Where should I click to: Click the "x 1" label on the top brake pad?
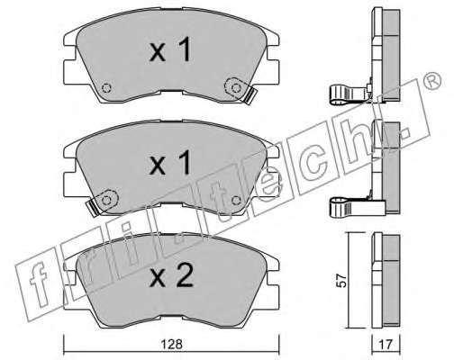170,49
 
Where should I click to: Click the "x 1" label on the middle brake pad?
170,162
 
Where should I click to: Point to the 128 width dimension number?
172,344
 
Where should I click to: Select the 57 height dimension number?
341,281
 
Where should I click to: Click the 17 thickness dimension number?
386,345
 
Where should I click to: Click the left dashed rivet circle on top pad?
106,88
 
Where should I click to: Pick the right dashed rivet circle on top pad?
237,88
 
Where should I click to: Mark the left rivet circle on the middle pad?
106,200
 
